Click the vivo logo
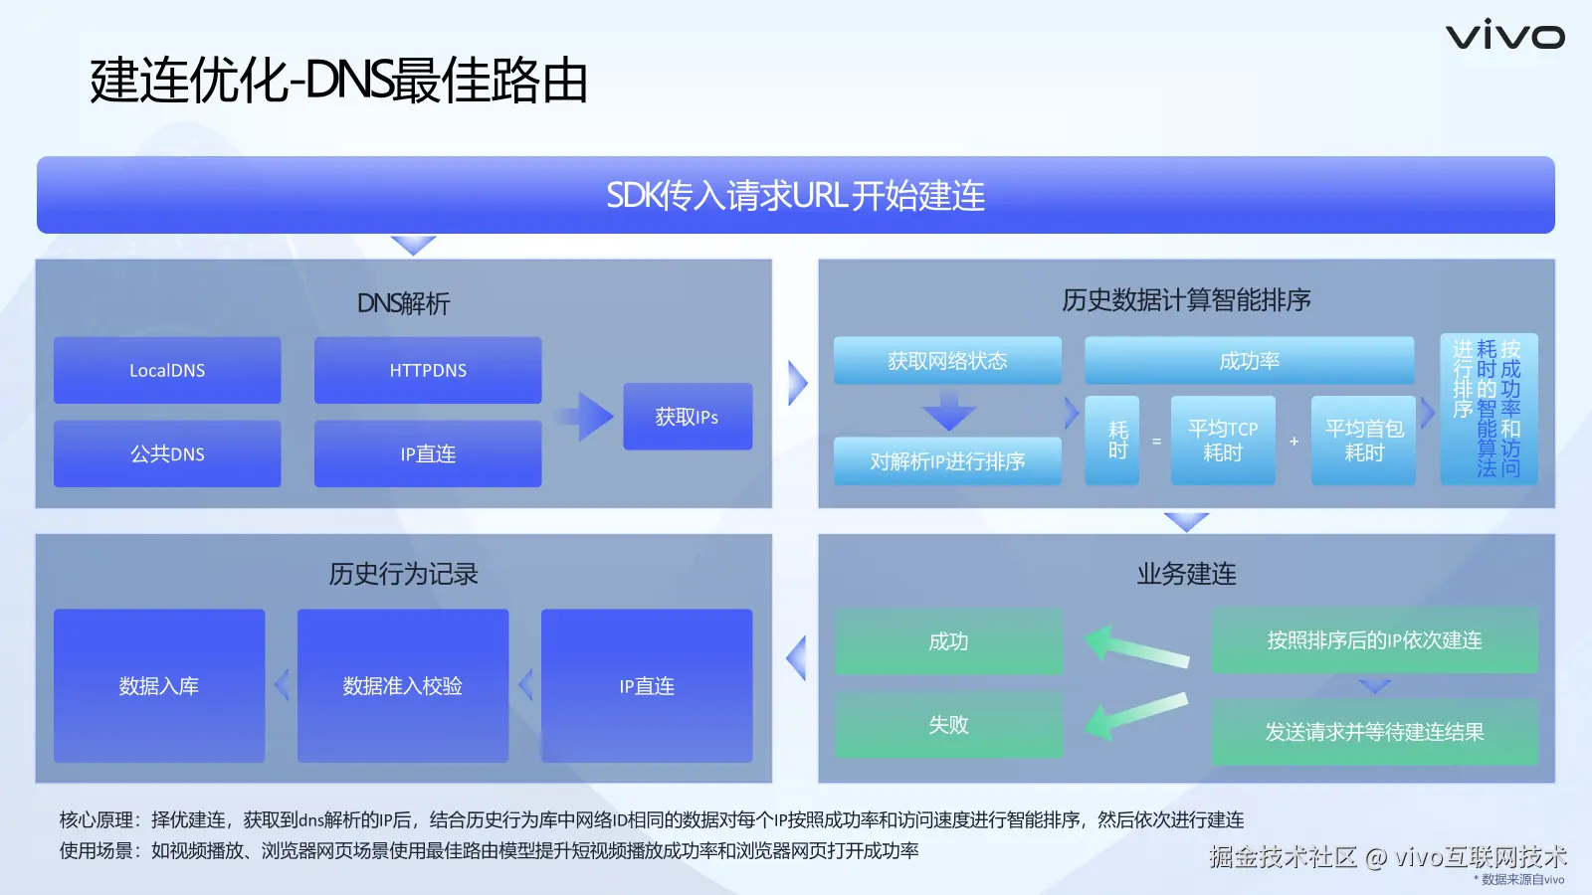click(1504, 36)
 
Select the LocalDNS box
click(167, 370)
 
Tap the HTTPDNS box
click(428, 370)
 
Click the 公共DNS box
click(167, 453)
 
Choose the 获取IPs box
click(688, 417)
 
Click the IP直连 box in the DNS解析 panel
click(428, 453)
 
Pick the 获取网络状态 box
click(947, 361)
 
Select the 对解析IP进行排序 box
click(947, 461)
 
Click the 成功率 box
click(1250, 361)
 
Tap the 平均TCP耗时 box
click(1223, 441)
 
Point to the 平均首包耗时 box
click(1364, 441)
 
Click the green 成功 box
click(949, 641)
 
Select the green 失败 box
click(949, 725)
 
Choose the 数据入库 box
click(159, 685)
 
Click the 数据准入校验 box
click(403, 685)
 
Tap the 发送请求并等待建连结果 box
click(1374, 732)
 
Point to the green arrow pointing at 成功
click(1137, 646)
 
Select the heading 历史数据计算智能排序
click(1186, 300)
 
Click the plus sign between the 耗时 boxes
click(1294, 442)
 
